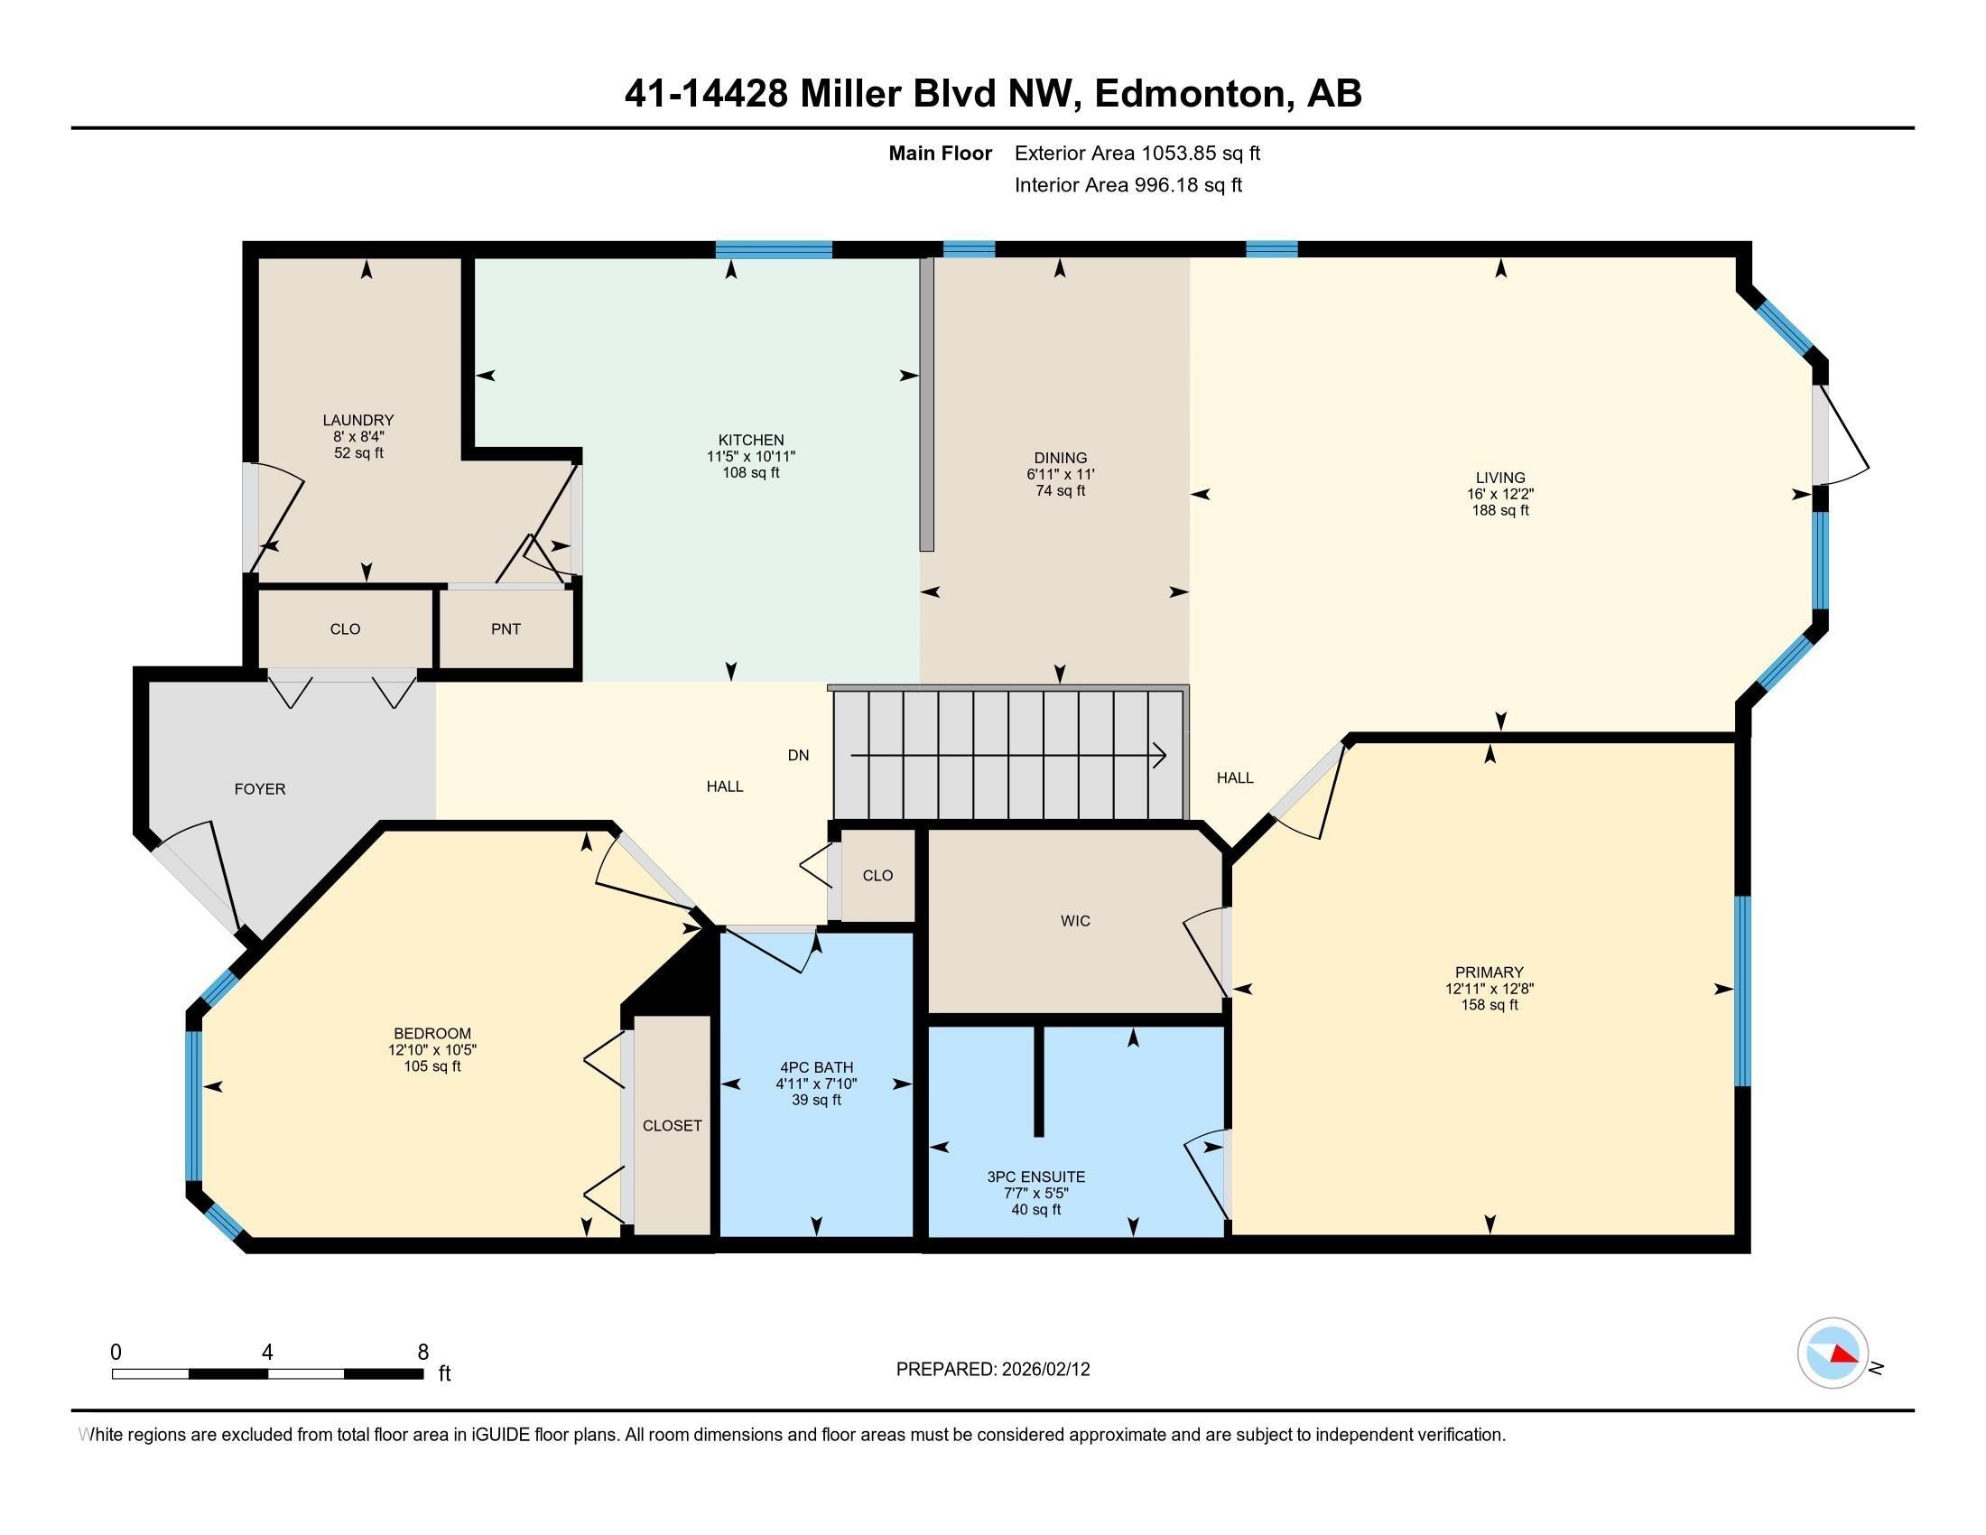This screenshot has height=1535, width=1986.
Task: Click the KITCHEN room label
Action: click(750, 440)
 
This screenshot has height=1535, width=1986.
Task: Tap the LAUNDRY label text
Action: click(357, 420)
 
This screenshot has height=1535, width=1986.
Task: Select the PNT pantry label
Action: click(506, 629)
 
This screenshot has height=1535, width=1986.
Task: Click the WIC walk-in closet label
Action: click(1075, 921)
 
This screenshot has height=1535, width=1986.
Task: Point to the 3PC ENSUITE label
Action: click(1035, 1177)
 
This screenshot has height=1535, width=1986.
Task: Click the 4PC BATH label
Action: click(816, 1067)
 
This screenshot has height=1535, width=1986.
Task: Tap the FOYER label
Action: click(260, 789)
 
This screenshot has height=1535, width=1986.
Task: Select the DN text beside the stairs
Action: click(797, 756)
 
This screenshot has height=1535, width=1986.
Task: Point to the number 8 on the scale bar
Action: click(422, 1353)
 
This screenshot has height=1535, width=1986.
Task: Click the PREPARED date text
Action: click(992, 1370)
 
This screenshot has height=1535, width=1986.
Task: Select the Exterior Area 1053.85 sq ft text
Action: click(1137, 153)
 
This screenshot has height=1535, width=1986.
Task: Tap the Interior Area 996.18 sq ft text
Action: click(1128, 185)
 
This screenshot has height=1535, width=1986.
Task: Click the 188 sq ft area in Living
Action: click(1499, 511)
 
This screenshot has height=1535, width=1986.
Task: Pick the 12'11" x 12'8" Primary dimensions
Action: click(1489, 989)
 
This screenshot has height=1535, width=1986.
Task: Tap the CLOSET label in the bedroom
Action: click(672, 1126)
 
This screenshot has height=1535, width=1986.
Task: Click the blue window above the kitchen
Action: click(773, 250)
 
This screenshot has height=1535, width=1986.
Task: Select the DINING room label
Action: click(1060, 459)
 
